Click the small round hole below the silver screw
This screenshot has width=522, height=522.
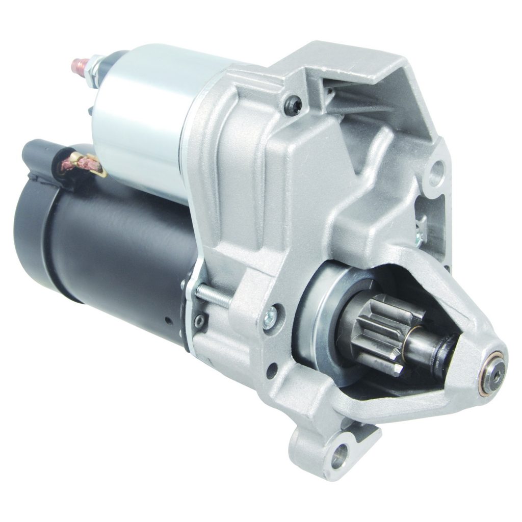click(273, 369)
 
